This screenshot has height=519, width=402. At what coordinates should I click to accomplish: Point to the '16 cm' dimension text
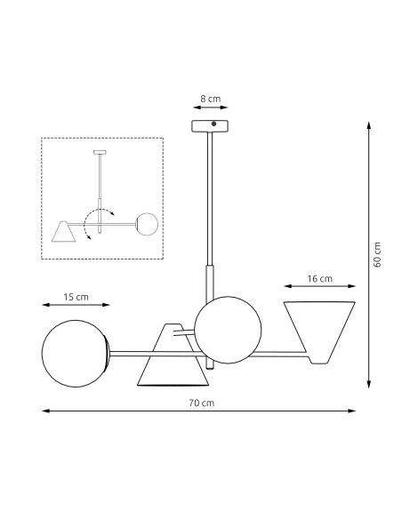pyautogui.click(x=320, y=278)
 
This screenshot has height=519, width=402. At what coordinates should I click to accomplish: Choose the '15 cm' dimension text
pyautogui.click(x=76, y=296)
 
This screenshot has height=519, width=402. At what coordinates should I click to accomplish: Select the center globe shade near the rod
pyautogui.click(x=229, y=328)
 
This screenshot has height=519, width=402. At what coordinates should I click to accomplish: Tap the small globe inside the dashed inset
pyautogui.click(x=148, y=223)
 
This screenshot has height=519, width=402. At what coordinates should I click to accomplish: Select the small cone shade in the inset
pyautogui.click(x=63, y=232)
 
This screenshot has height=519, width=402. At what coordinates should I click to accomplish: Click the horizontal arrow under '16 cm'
pyautogui.click(x=320, y=287)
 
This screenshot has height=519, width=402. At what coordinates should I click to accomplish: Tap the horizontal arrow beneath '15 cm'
pyautogui.click(x=76, y=306)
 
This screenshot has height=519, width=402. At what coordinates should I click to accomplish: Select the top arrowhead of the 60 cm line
pyautogui.click(x=369, y=125)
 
